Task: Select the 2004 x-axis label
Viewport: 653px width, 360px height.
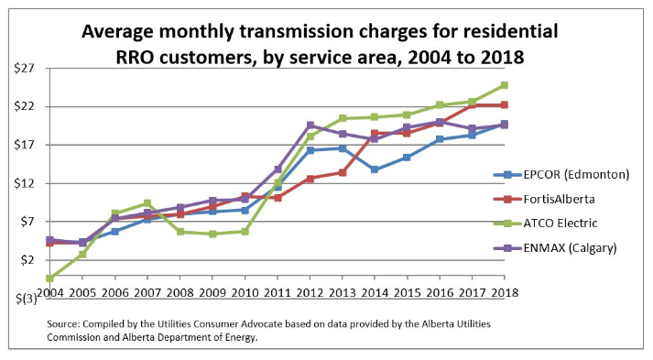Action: [x=49, y=292]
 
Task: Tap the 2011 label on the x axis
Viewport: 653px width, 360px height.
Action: [x=277, y=292]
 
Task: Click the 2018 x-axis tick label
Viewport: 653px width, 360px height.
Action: [x=504, y=292]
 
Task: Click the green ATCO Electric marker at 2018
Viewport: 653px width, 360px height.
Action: [x=504, y=85]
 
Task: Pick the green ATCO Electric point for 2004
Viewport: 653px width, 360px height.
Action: [x=49, y=278]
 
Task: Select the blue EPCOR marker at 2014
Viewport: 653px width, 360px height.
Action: [x=375, y=169]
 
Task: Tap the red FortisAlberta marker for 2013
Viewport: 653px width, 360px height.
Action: [x=342, y=172]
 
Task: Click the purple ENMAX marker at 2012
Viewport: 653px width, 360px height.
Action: [x=310, y=125]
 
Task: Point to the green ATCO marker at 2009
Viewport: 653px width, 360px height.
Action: [x=212, y=234]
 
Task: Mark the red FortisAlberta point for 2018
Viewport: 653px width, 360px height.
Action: [x=504, y=104]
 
